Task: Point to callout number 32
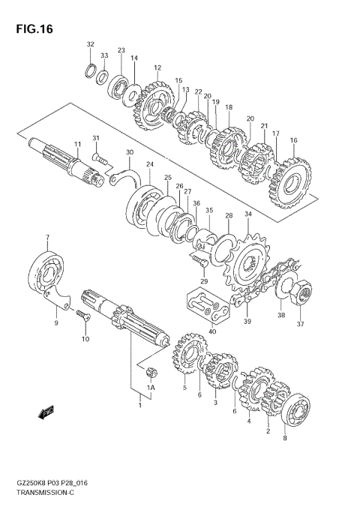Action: [x=90, y=44]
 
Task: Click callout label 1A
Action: [x=150, y=388]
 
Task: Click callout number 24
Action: [x=149, y=164]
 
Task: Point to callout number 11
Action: [x=76, y=144]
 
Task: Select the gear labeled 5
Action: [x=187, y=357]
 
